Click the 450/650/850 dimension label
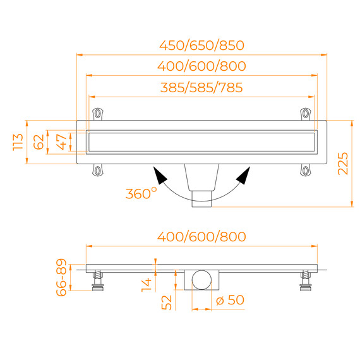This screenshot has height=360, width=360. [201, 45]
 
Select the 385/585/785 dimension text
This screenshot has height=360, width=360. [201, 88]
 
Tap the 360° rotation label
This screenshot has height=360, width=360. [141, 193]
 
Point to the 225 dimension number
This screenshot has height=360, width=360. [343, 164]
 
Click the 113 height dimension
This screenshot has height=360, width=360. [18, 142]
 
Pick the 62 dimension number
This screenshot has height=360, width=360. [39, 142]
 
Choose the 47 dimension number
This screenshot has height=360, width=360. [61, 142]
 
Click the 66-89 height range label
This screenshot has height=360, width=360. [61, 277]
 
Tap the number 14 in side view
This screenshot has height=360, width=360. [147, 285]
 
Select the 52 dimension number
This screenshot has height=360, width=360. [167, 303]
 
